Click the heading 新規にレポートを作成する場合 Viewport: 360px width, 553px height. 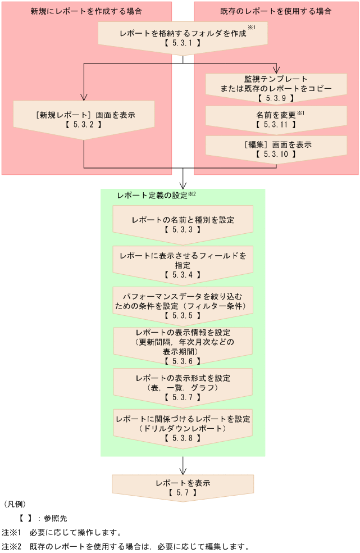(86, 11)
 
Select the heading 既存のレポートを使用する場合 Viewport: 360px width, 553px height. (276, 11)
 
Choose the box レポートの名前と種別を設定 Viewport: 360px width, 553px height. (183, 224)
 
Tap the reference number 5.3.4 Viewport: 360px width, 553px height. (183, 275)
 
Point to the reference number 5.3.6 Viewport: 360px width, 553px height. (183, 361)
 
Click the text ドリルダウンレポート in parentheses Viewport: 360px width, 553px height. (183, 428)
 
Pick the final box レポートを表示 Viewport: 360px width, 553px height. (183, 487)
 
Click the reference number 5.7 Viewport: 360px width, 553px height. (183, 492)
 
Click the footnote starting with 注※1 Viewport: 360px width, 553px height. (62, 532)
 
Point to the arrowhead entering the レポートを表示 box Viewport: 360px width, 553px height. (183, 471)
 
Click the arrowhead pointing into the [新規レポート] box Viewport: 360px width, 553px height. (84, 97)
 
